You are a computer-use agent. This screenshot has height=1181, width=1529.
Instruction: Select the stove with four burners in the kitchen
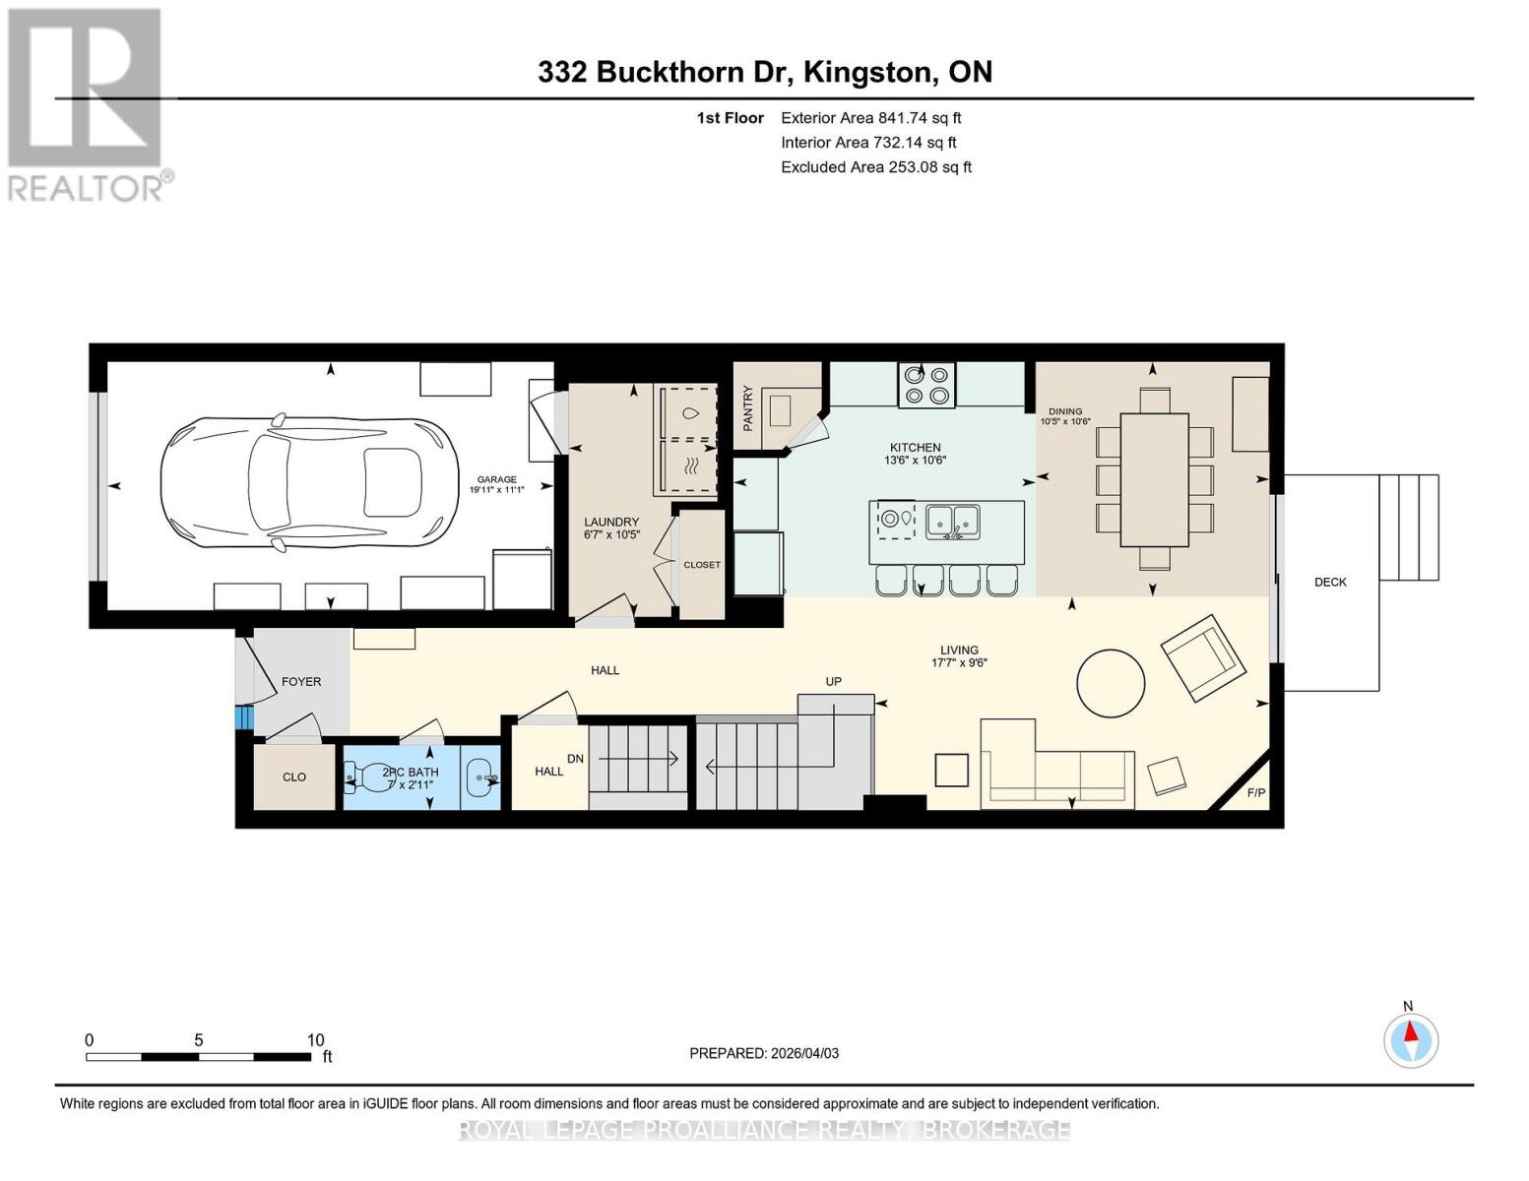point(925,385)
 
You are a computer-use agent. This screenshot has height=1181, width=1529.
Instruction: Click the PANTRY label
point(748,407)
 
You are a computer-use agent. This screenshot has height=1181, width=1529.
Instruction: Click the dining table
point(1154,479)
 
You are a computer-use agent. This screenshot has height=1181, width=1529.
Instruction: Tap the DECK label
point(1330,582)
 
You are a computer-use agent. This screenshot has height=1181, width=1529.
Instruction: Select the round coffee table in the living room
point(1111,683)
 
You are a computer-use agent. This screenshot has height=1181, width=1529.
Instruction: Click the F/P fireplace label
point(1255,792)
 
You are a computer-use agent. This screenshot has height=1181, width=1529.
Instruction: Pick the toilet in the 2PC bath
point(356,777)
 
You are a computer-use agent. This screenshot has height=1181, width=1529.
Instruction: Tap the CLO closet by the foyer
point(294,777)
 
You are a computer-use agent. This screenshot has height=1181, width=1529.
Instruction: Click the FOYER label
point(301,681)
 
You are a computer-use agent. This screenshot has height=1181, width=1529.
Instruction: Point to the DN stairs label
point(576,759)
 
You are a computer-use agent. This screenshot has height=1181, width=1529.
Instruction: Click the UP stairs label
point(833,681)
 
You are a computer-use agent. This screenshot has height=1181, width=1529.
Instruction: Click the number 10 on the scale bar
point(315,1039)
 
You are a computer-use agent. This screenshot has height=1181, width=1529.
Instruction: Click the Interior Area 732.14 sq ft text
point(868,142)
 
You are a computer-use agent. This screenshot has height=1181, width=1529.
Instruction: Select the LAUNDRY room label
point(611,522)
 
